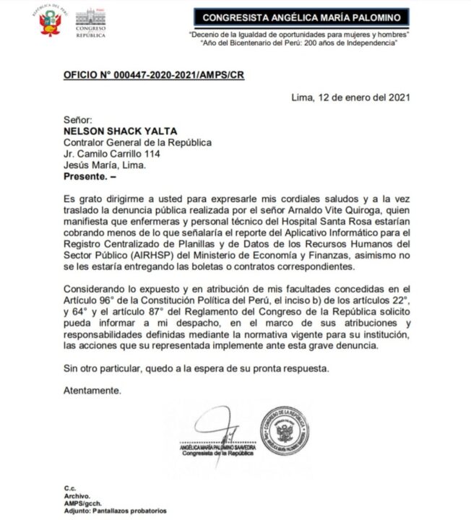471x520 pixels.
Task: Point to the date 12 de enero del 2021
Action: click(x=353, y=97)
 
